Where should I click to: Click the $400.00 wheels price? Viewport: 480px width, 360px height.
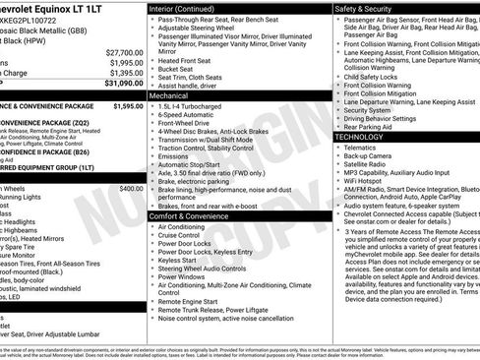(131, 187)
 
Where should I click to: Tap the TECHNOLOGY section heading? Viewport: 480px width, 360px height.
(367, 137)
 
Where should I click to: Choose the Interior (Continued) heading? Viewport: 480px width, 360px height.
(183, 8)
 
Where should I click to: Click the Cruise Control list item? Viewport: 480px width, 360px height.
(179, 235)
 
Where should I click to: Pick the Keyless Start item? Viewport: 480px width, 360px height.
(177, 261)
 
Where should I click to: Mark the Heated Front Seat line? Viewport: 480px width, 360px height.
(185, 61)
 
